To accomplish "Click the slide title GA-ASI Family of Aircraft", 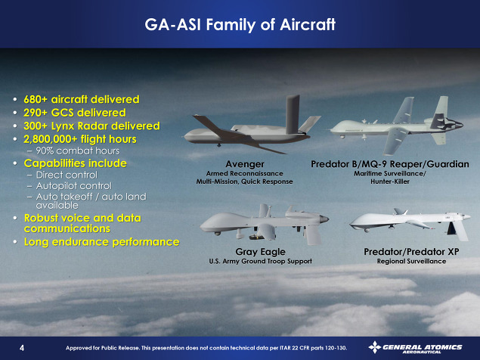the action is pyautogui.click(x=240, y=25).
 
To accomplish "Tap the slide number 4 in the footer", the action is pyautogui.click(x=22, y=348).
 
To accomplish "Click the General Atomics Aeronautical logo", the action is pyautogui.click(x=416, y=348).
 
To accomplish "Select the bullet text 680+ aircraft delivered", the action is pyautogui.click(x=82, y=99).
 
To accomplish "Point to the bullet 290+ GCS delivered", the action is pyautogui.click(x=75, y=113).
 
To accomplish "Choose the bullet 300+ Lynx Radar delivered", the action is pyautogui.click(x=91, y=126).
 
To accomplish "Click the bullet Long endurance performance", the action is pyautogui.click(x=101, y=242).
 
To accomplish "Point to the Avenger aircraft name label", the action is pyautogui.click(x=245, y=164).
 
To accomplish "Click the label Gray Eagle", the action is pyautogui.click(x=260, y=252).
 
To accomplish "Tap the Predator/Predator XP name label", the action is pyautogui.click(x=411, y=252).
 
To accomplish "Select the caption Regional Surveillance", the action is pyautogui.click(x=411, y=262).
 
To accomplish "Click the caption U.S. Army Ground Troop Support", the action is pyautogui.click(x=260, y=262).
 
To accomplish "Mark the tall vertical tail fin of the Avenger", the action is pyautogui.click(x=293, y=114).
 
